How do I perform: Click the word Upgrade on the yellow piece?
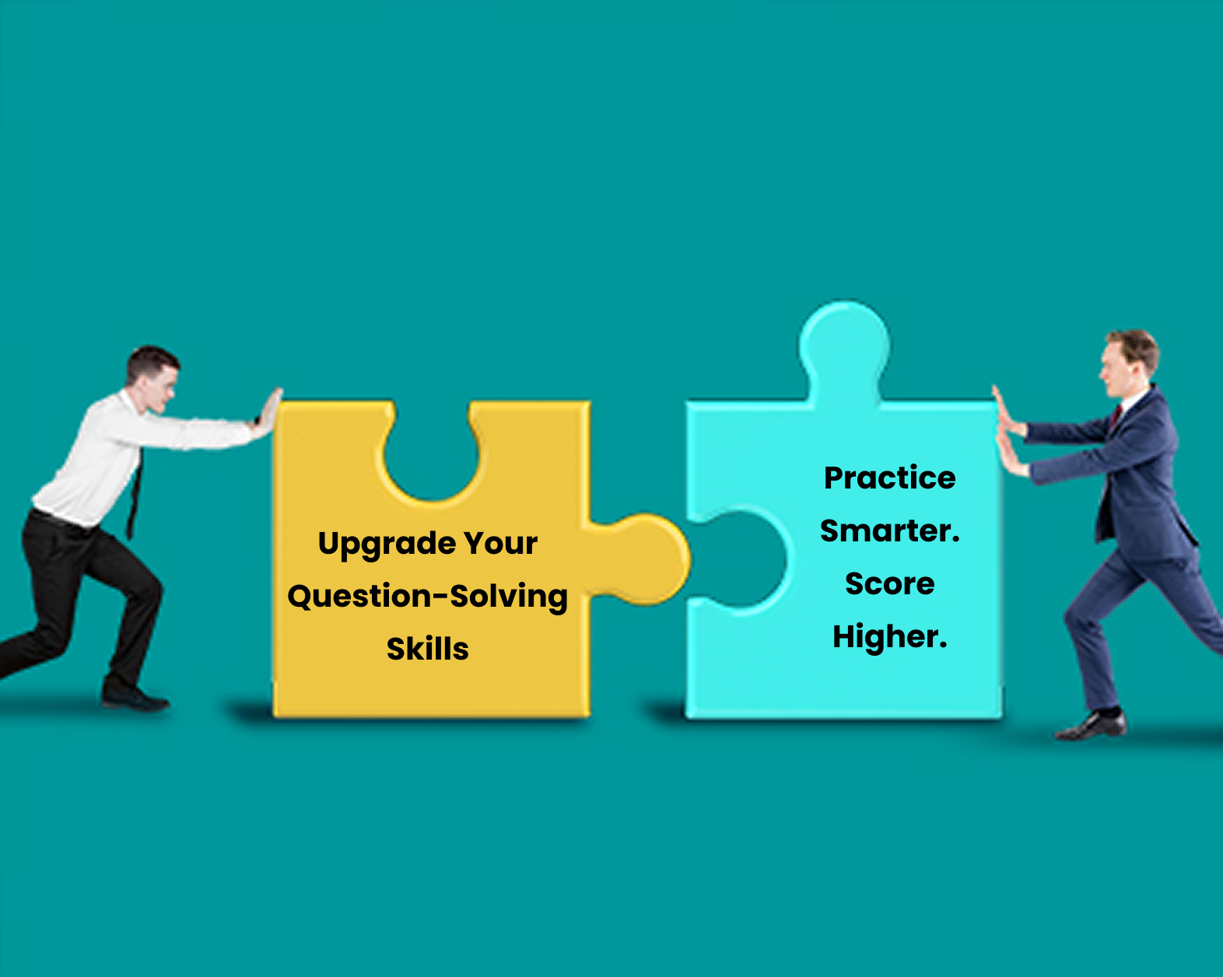(387, 545)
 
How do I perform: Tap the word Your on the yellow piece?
(501, 543)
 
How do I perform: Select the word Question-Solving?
(427, 597)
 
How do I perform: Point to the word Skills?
(427, 649)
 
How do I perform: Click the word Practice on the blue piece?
(890, 478)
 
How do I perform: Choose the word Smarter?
(890, 531)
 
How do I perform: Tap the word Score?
(890, 583)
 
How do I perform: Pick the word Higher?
(890, 636)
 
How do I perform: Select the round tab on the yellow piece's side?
(645, 559)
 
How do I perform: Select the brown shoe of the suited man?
(1091, 727)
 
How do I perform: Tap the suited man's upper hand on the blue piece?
(1007, 413)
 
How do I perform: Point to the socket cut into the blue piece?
(739, 560)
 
